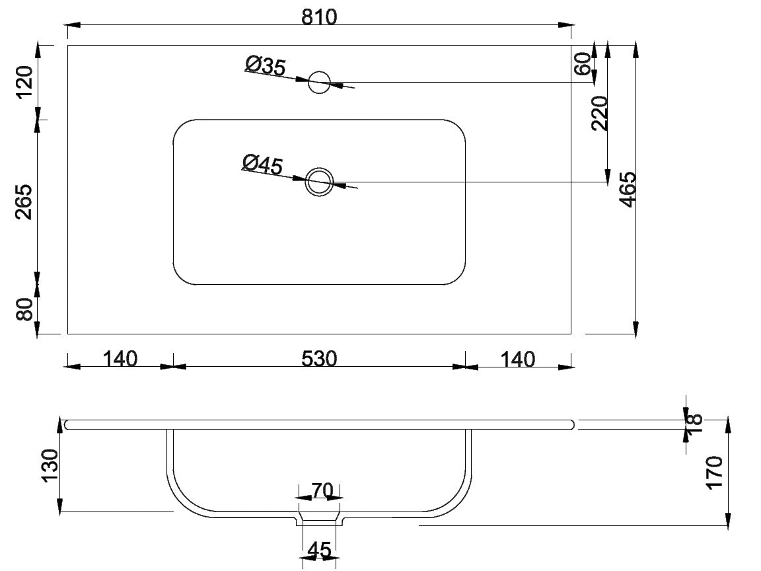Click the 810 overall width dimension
[x=319, y=17]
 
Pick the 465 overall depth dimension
[x=628, y=190]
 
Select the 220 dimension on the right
[x=600, y=113]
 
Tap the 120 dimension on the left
[x=24, y=82]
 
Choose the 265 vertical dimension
[x=24, y=202]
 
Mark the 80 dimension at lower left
[x=24, y=309]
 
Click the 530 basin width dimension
[x=319, y=359]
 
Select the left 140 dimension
[x=120, y=359]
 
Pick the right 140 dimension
[x=517, y=360]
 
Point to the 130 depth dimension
[x=50, y=466]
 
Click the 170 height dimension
[x=715, y=473]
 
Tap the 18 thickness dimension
[x=695, y=423]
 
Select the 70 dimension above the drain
[x=322, y=491]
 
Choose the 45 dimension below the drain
[x=319, y=550]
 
